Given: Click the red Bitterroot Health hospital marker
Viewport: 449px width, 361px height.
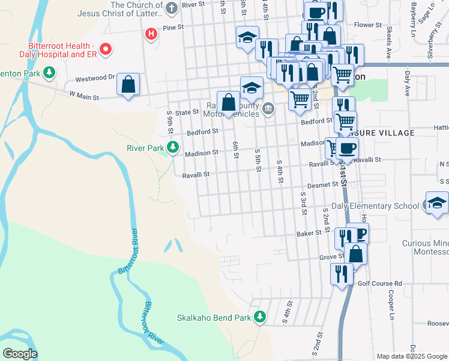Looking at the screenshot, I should click(x=106, y=49).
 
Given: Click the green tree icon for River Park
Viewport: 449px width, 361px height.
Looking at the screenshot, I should click(x=173, y=147).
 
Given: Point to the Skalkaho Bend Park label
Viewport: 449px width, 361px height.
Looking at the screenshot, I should click(x=214, y=317).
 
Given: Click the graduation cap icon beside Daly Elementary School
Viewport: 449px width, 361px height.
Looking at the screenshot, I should click(x=437, y=203).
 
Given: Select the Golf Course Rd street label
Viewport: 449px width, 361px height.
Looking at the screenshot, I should click(x=380, y=283).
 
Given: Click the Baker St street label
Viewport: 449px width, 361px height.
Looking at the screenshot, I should click(x=309, y=233).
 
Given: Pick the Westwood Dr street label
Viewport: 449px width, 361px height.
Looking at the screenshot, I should click(x=94, y=78).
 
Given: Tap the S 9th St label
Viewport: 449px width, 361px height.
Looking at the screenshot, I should click(x=170, y=123).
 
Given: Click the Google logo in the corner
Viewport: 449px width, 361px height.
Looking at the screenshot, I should click(x=19, y=354).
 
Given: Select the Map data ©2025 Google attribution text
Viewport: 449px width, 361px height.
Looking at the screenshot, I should click(x=412, y=356).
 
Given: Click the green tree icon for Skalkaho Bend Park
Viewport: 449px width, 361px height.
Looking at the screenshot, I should click(x=260, y=316).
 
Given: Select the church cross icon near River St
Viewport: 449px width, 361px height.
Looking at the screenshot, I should click(x=172, y=8).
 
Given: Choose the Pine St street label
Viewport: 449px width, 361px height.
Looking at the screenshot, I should click(x=172, y=28).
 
